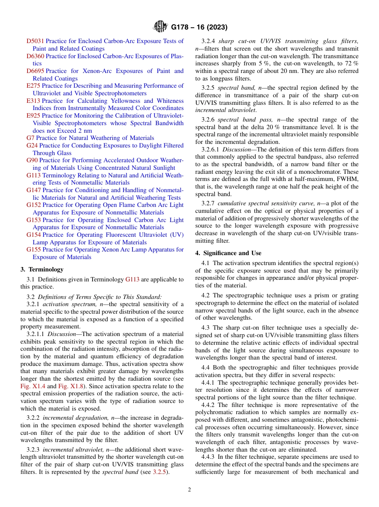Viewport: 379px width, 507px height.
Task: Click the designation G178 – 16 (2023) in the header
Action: click(x=199, y=28)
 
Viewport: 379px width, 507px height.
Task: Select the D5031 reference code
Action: click(x=35, y=41)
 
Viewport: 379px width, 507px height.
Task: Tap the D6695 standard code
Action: click(x=35, y=71)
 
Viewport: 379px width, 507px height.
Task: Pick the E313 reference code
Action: click(x=33, y=101)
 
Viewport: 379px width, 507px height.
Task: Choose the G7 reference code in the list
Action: click(x=30, y=138)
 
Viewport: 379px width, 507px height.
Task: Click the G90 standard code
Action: click(x=32, y=160)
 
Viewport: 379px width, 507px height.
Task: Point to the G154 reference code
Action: click(x=34, y=235)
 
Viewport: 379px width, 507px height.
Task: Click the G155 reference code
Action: click(x=34, y=250)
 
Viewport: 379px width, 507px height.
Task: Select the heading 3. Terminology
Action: click(x=42, y=269)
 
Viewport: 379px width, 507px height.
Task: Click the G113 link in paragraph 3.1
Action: click(x=132, y=279)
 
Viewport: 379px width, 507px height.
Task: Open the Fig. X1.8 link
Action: click(x=69, y=386)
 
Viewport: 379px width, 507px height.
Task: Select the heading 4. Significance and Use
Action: click(x=228, y=253)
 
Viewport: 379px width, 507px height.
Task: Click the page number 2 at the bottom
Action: click(x=189, y=490)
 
